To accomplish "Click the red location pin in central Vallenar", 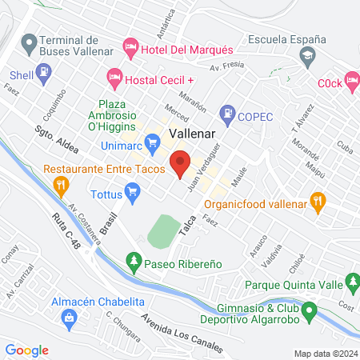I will click(x=180, y=162).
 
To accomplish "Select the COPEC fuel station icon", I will click(x=228, y=114).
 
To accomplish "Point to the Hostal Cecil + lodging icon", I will click(x=113, y=79).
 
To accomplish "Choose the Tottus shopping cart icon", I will click(x=133, y=191).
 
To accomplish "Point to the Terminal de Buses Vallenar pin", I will click(x=30, y=42).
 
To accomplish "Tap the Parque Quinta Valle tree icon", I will click(x=351, y=282).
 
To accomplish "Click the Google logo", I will click(x=27, y=350).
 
